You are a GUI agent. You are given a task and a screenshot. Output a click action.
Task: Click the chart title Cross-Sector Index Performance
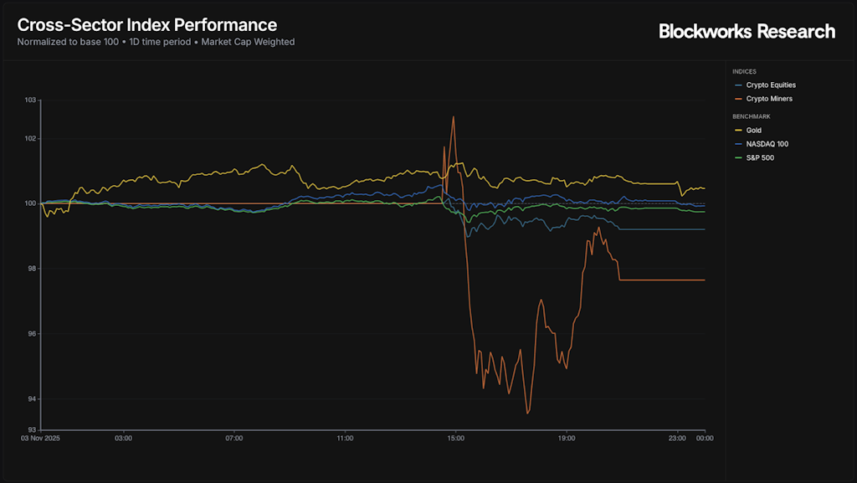(x=147, y=25)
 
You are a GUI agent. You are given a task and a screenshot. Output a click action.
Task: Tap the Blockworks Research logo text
(x=747, y=32)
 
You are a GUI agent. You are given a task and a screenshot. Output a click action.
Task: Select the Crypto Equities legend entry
(x=770, y=85)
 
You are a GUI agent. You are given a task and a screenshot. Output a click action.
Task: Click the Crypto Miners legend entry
(x=768, y=99)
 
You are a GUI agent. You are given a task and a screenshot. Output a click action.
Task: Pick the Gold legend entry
(x=754, y=131)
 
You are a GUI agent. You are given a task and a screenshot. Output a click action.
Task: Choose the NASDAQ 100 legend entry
(x=767, y=144)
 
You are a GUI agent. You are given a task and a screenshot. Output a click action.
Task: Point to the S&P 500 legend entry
(x=760, y=157)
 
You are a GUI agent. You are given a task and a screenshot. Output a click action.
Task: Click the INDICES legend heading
(x=744, y=72)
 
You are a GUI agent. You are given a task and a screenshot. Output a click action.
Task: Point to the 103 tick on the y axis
(x=31, y=100)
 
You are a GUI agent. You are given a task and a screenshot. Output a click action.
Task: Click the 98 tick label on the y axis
(x=33, y=269)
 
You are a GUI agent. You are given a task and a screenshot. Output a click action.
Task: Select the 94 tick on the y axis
(x=33, y=398)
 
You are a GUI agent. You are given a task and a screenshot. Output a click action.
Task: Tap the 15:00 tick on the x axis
(x=455, y=438)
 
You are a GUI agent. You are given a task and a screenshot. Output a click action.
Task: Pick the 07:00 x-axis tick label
(x=234, y=438)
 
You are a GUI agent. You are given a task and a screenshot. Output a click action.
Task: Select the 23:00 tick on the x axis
(x=677, y=438)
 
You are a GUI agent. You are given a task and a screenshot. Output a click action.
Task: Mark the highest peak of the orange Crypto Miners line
(x=454, y=116)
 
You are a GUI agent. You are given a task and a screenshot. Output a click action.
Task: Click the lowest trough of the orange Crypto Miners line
(x=527, y=414)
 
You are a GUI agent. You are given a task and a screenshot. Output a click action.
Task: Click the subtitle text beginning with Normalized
(x=156, y=42)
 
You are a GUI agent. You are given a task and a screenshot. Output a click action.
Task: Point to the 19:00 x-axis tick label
(x=567, y=438)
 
